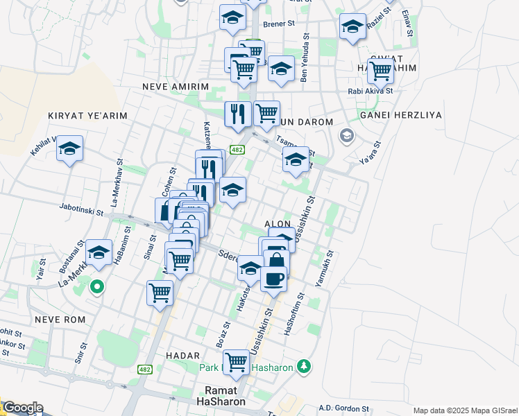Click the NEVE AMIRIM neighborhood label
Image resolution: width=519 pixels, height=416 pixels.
(175, 87)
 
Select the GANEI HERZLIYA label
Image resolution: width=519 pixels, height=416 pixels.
(401, 115)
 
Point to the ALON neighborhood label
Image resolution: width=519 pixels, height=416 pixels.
(278, 225)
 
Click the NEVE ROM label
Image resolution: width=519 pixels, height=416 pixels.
(60, 320)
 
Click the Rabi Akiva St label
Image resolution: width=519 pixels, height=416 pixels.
(371, 90)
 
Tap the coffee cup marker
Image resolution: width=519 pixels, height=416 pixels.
(273, 279)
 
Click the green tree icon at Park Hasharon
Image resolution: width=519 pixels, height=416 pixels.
(303, 365)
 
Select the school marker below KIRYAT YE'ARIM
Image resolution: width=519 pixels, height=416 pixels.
(69, 149)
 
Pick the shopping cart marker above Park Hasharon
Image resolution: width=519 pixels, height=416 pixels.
(236, 361)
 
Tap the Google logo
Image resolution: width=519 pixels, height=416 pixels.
(22, 408)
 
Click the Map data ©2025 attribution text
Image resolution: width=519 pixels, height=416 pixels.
(464, 410)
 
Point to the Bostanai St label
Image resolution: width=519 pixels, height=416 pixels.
(82, 254)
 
